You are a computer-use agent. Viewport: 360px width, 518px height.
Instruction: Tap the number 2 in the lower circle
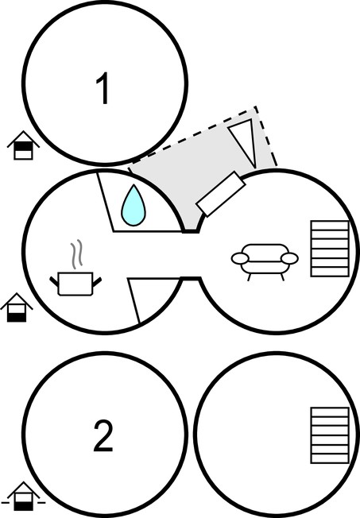click(x=103, y=435)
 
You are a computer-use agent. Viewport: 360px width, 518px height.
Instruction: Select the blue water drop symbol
click(x=134, y=206)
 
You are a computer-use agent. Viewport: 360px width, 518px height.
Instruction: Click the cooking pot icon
click(x=75, y=284)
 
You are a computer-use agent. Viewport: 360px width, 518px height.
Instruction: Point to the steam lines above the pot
click(x=76, y=254)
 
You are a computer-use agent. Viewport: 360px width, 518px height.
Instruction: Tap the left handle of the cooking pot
click(x=54, y=281)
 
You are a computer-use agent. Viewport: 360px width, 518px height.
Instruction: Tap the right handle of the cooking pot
click(x=97, y=281)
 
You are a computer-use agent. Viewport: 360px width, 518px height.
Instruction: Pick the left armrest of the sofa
click(x=240, y=258)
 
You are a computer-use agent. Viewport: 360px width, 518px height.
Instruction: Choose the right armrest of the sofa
click(x=289, y=258)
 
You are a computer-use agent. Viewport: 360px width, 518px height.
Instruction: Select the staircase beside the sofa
click(x=330, y=249)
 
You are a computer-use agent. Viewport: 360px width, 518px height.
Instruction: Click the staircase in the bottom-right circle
click(x=330, y=435)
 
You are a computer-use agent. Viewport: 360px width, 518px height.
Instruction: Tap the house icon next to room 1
click(x=23, y=145)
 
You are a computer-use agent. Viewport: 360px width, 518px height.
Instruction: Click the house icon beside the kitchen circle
click(x=17, y=307)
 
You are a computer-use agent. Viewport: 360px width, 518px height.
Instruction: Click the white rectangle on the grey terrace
click(x=221, y=194)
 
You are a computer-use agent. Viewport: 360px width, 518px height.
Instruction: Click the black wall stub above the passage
click(x=191, y=231)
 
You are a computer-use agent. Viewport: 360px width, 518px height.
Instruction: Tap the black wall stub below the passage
click(x=191, y=279)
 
